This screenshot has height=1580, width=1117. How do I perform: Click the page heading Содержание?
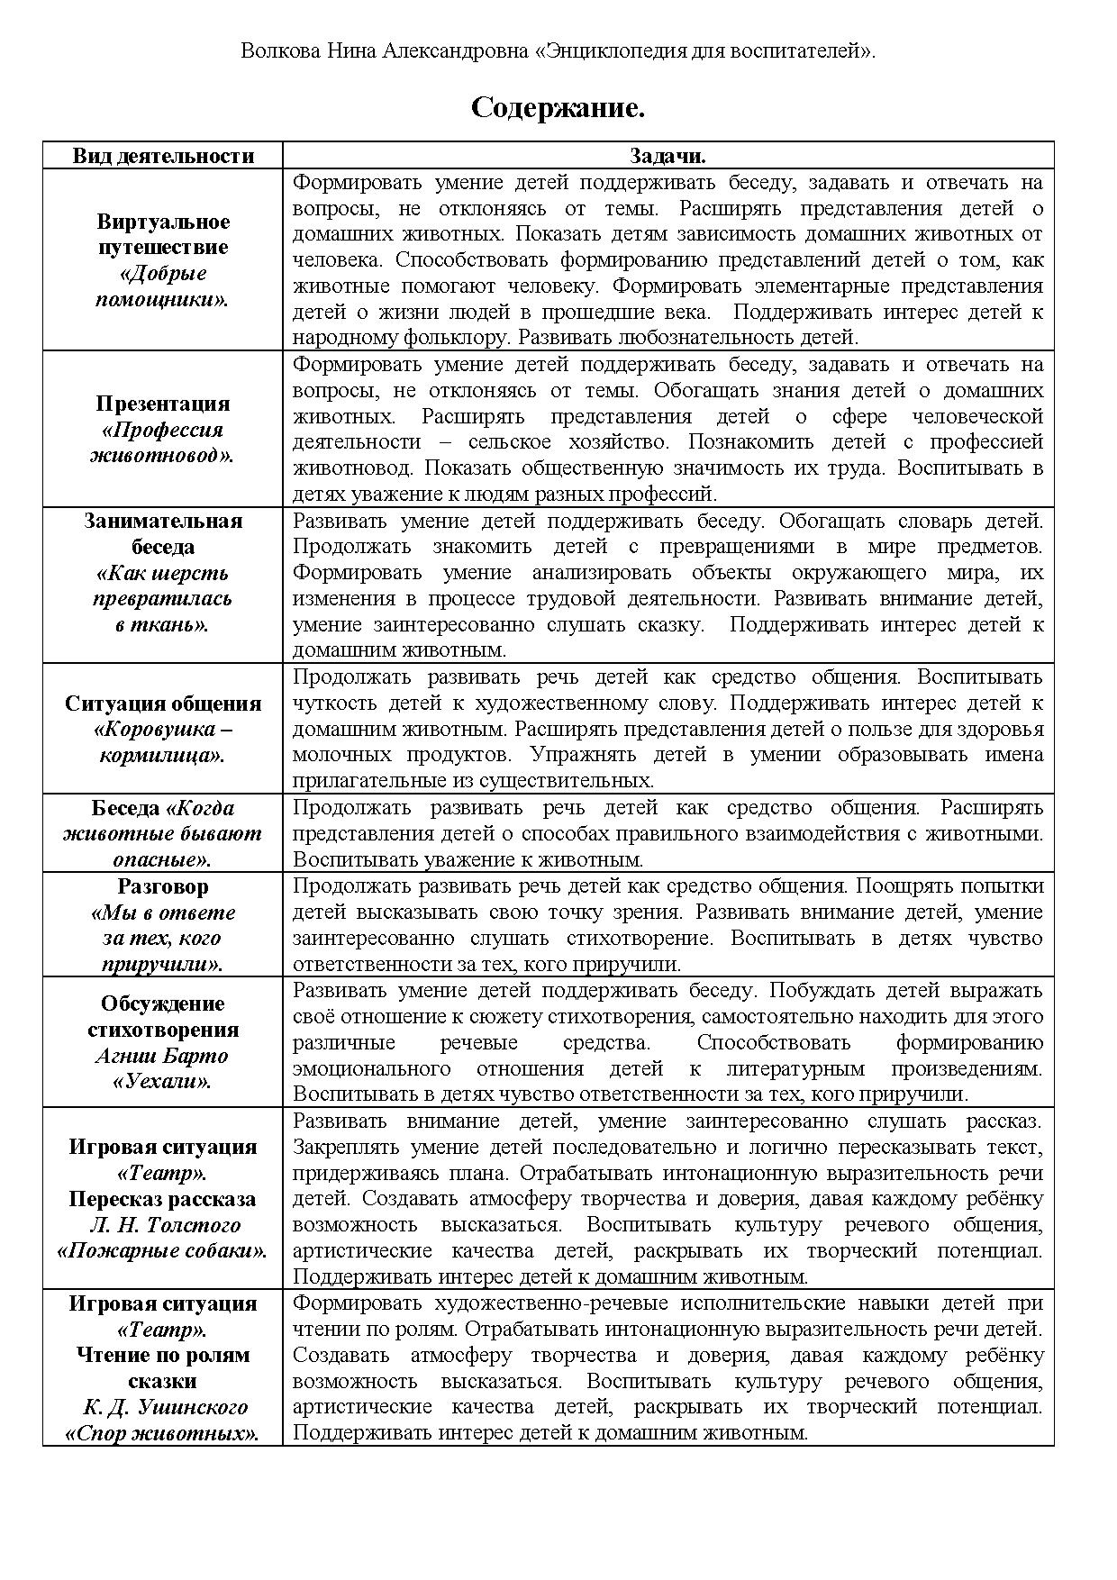tap(558, 109)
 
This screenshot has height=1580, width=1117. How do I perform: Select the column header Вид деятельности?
tap(163, 156)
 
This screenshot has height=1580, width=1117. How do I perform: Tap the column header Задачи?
tap(667, 156)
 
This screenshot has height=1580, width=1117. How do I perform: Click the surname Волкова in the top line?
tap(277, 51)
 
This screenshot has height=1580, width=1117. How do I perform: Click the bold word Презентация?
tap(163, 404)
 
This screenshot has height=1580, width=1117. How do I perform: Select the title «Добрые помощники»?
tap(163, 286)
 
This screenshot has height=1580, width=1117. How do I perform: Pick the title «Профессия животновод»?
tap(163, 442)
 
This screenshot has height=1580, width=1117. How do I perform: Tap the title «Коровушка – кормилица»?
tap(163, 741)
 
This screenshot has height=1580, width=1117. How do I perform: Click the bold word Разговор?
tap(163, 886)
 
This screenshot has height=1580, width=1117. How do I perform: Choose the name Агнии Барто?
tap(163, 1056)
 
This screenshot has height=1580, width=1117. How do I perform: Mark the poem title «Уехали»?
tap(163, 1081)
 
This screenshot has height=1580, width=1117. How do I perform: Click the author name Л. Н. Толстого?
tap(163, 1225)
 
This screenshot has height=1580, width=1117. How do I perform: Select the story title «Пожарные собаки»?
tap(163, 1251)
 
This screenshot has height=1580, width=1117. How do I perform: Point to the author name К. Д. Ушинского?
tap(163, 1407)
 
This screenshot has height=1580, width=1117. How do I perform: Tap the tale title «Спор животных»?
tap(163, 1433)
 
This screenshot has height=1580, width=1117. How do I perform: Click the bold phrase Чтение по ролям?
tap(163, 1356)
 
